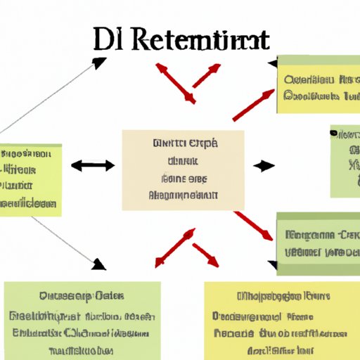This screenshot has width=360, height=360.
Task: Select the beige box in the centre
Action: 183,169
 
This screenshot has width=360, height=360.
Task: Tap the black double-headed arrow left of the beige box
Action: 92,166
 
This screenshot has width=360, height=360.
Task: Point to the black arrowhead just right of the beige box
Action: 264,167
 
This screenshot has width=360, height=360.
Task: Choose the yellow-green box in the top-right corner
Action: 318,84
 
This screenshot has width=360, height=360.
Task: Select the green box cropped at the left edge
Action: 30,180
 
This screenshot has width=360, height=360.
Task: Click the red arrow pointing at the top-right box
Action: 253,105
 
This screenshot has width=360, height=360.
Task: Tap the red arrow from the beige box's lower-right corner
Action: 254,225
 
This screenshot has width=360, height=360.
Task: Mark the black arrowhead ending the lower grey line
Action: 99,264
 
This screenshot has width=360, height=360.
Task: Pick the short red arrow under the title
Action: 205,76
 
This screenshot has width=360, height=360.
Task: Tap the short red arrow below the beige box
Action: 205,254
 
